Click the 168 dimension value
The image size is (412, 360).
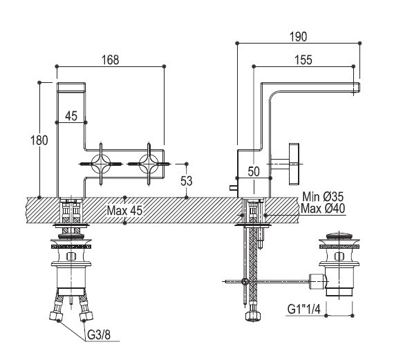coord(111,60)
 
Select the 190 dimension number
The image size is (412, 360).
coord(298,37)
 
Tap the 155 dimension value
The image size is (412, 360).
coord(303,60)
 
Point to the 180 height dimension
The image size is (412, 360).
coord(39,140)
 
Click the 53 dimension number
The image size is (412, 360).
coord(186,181)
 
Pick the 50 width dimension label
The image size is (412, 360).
coord(254,172)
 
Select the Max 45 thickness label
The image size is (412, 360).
coord(125,210)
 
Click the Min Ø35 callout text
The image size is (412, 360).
coord(323,197)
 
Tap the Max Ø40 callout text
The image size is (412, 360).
coord(323,209)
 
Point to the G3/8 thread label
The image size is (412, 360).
coord(99,335)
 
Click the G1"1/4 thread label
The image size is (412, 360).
coord(304,309)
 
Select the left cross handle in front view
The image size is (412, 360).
coord(101,164)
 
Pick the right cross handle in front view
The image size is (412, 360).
coord(149,164)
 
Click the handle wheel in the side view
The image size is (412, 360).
coord(294,164)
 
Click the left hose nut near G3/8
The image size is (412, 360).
coord(56,315)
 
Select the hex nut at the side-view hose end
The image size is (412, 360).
coord(253,316)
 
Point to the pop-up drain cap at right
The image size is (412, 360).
coord(339,235)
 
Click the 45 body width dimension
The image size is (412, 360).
coord(71,116)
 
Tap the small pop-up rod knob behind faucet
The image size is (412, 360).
coord(234,187)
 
